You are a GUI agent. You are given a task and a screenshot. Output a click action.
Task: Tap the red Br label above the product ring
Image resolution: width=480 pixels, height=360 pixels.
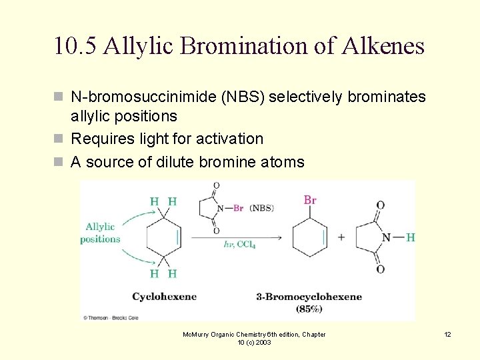point(310,200)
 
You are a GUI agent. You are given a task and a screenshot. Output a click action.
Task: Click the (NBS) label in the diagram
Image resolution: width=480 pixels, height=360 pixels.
point(262,208)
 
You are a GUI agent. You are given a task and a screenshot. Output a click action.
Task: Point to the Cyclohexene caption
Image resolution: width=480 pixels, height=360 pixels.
point(164,297)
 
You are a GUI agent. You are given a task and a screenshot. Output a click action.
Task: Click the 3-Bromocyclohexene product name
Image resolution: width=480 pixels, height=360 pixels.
point(309,297)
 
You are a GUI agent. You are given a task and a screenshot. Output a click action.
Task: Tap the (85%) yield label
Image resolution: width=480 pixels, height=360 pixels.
point(309,309)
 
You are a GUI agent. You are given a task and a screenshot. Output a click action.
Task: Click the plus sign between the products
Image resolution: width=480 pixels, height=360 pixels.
point(341,237)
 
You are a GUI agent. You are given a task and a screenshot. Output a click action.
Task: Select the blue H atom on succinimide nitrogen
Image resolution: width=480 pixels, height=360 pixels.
point(410,237)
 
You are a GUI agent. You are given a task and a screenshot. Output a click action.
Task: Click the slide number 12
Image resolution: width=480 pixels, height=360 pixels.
point(447,335)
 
